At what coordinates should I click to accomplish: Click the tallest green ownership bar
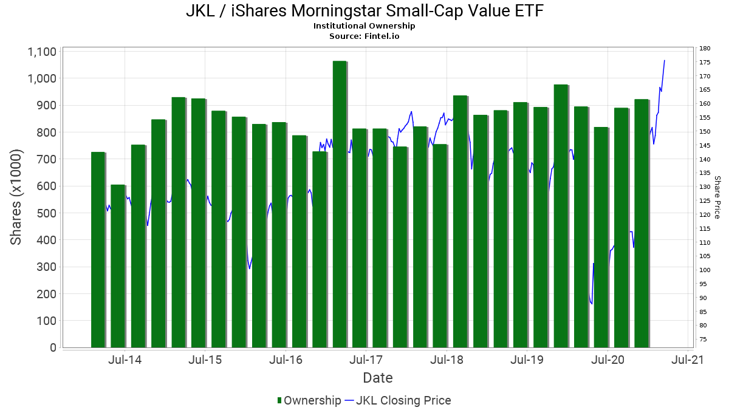(340, 203)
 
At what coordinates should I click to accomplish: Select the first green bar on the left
(98, 250)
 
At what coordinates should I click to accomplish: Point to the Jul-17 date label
(366, 360)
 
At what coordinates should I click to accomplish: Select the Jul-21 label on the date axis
(688, 360)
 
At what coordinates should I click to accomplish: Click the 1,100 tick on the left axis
(42, 52)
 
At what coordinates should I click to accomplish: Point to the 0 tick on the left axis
(53, 348)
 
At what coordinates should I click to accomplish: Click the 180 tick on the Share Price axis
(705, 49)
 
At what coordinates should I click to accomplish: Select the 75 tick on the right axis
(703, 339)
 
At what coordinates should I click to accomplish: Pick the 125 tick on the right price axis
(705, 201)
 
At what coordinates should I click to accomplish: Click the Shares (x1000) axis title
(16, 197)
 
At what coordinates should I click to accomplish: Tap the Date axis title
(377, 378)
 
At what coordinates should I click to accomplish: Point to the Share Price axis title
(717, 197)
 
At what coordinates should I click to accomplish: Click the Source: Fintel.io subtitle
(364, 36)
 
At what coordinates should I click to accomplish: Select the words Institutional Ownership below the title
(364, 26)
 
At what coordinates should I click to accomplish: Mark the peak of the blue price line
(665, 60)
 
